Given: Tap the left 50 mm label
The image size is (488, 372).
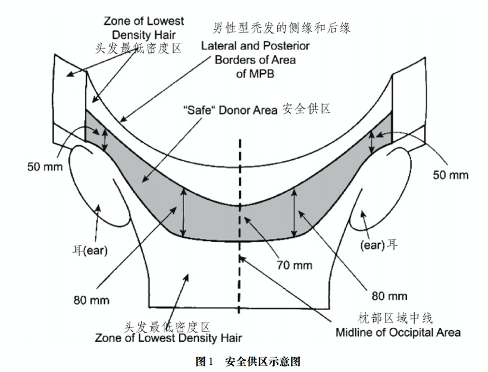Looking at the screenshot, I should click(43, 166).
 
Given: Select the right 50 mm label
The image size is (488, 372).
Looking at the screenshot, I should click(450, 175).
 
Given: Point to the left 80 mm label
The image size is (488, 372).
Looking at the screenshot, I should click(91, 300).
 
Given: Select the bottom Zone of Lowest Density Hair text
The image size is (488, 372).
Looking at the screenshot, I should click(168, 339).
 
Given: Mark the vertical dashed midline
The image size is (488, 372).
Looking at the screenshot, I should click(240, 227).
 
